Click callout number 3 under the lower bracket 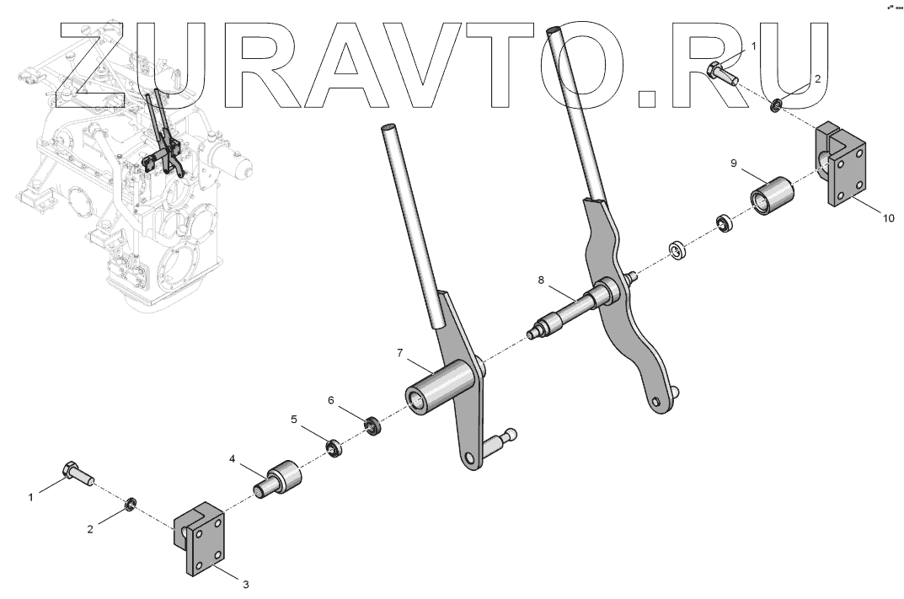tap(245, 583)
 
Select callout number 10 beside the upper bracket tap(888, 217)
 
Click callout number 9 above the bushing tap(734, 161)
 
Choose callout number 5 tap(293, 418)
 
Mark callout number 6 tap(331, 399)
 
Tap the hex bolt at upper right tap(724, 73)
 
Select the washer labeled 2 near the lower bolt tap(131, 505)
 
